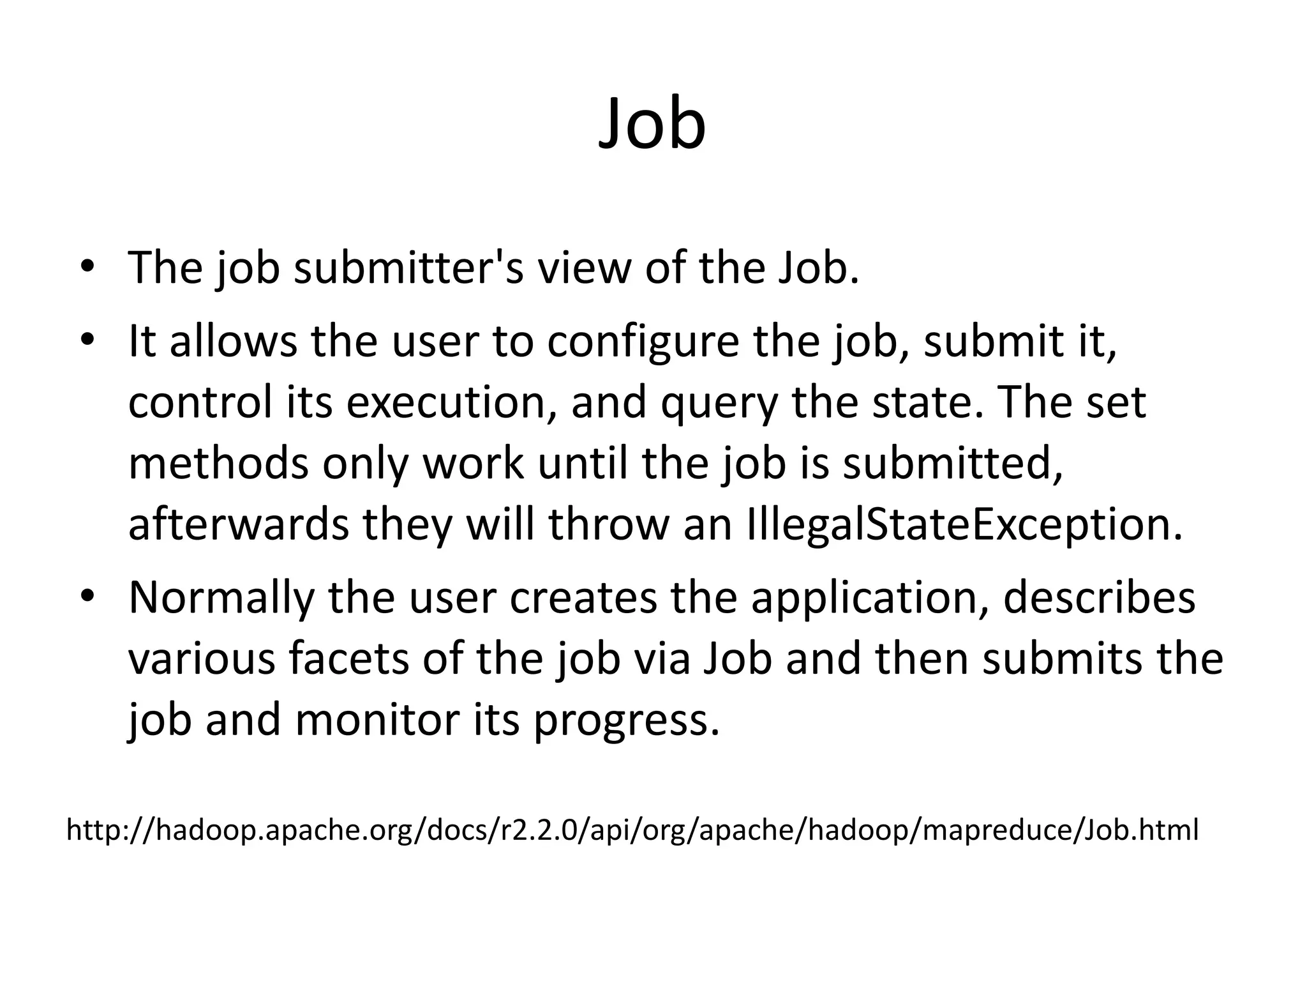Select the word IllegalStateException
tap(963, 524)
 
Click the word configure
tap(643, 342)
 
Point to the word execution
tap(449, 403)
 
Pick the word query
tap(720, 403)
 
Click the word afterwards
tap(239, 524)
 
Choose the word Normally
tap(221, 597)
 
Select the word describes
tap(1099, 597)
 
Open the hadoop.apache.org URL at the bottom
tap(632, 830)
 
